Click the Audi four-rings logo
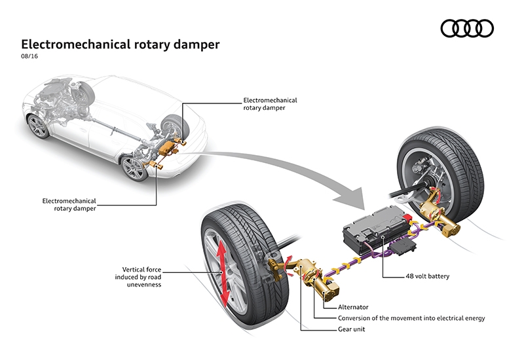pyautogui.click(x=466, y=28)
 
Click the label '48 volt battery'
pyautogui.click(x=427, y=276)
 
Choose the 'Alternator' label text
pyautogui.click(x=352, y=306)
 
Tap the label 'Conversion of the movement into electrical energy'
pyautogui.click(x=411, y=317)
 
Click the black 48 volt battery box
pyautogui.click(x=373, y=230)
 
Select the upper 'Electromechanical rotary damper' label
pyautogui.click(x=270, y=104)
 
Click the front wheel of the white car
pyautogui.click(x=39, y=126)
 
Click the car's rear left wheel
pyautogui.click(x=134, y=168)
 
